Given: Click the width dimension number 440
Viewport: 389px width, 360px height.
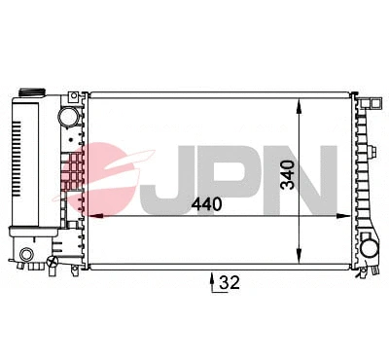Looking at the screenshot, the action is click(206, 204).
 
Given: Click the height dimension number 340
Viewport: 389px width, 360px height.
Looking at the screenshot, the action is click(288, 175).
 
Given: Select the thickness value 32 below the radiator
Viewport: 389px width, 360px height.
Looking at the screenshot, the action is click(230, 282).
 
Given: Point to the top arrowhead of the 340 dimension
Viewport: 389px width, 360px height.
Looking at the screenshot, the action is click(299, 106).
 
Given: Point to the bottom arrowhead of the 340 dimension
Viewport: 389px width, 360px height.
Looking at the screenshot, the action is click(299, 254).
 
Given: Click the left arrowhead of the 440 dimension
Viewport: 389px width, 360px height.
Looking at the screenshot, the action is click(96, 215).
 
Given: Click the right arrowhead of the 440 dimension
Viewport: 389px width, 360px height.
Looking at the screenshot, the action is click(343, 216).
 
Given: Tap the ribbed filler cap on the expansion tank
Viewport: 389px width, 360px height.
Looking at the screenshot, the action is click(31, 91).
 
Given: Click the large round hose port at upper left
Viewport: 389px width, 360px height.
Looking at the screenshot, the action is click(69, 117).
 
